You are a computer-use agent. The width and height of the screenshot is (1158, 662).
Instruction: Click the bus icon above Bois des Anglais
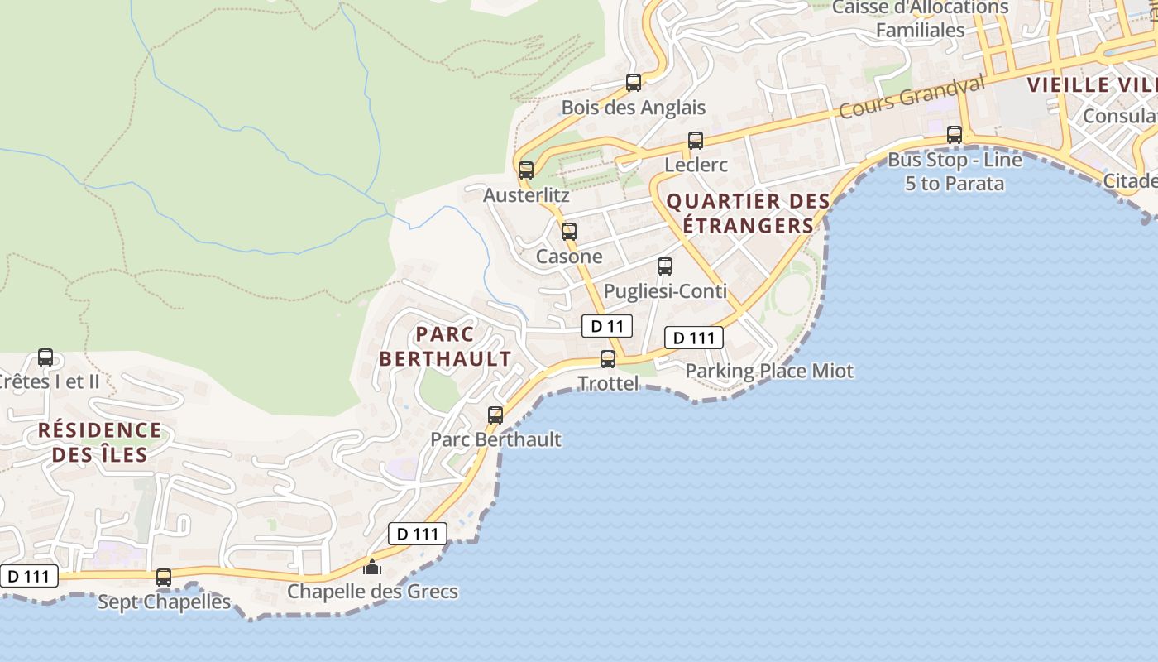point(634,83)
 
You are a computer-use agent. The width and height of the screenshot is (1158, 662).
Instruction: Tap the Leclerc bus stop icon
point(696,141)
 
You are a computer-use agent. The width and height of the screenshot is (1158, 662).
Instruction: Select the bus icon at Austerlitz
point(526,170)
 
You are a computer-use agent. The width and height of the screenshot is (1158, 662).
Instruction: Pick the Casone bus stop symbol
point(568,232)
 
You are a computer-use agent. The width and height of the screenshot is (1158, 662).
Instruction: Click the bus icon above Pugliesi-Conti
point(665,266)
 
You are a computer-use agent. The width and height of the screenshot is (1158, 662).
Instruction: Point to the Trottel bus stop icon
point(608,359)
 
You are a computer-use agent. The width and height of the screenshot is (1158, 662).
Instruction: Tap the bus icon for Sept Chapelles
point(164,578)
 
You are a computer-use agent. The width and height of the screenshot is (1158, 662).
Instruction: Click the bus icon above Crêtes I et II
point(45,357)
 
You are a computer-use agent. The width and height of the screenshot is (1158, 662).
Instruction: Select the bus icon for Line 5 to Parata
point(955,135)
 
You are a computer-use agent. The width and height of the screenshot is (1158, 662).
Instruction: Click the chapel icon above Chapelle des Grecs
point(372,568)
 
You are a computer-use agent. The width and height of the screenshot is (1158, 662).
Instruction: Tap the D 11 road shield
point(607,326)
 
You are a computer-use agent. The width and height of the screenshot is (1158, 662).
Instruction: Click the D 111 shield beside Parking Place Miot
point(695,338)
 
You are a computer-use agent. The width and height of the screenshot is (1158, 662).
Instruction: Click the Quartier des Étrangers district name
point(748,213)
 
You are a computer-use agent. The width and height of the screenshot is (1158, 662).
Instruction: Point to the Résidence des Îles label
point(99,442)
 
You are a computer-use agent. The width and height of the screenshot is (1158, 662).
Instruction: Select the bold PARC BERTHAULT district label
point(445,347)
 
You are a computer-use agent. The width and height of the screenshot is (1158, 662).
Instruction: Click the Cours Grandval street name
point(912,98)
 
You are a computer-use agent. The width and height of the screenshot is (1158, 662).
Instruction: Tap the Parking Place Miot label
point(769,371)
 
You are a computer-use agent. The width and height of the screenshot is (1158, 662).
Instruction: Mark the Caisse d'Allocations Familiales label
point(920,19)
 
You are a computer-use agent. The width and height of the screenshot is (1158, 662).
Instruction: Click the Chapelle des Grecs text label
point(372,592)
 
